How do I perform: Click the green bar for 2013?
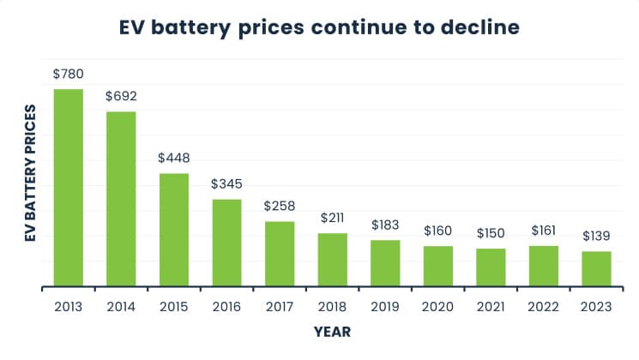coord(69,188)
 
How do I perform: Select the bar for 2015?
coord(174,230)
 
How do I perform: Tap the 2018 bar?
coord(333,260)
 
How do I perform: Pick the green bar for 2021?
coord(491,267)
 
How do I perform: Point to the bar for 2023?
coord(596,269)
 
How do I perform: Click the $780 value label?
coord(69,74)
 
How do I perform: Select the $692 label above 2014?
coord(121,96)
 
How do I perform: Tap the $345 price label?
coord(226,183)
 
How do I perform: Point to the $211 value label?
coord(332,218)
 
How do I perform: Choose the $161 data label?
coord(544,231)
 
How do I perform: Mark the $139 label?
coord(596,236)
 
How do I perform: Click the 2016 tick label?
coord(226,307)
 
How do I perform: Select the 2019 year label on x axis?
coord(385,307)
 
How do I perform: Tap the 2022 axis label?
coord(543,307)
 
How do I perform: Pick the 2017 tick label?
coord(280,307)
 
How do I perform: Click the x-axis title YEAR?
coord(332,332)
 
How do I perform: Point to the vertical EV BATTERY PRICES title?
coord(31,173)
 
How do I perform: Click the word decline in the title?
coord(480,27)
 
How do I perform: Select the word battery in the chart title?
coord(190,28)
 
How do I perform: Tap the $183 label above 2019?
coord(385,225)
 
